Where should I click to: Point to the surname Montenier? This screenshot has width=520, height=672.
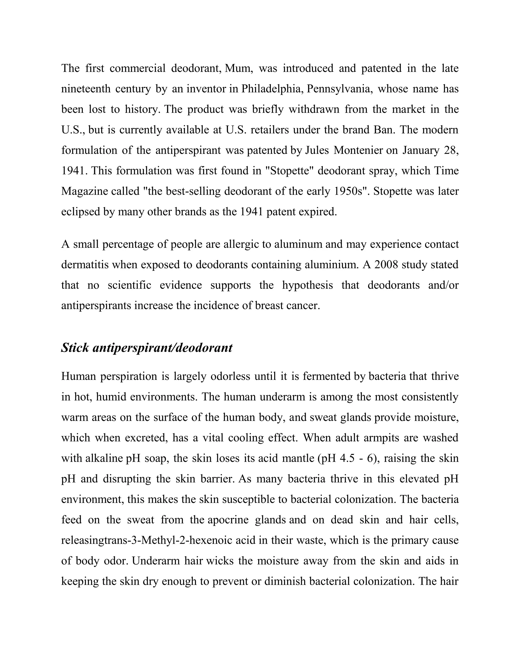pos(358,150)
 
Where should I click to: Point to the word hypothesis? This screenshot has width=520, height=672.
pos(307,285)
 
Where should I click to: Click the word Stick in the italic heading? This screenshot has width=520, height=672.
pos(75,348)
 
